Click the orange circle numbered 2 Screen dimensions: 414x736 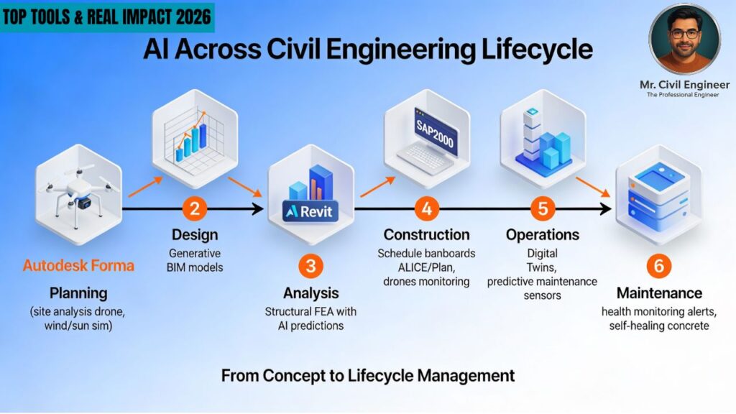click(x=194, y=209)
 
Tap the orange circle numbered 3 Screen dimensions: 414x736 click(x=310, y=266)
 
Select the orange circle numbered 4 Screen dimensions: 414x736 click(x=427, y=209)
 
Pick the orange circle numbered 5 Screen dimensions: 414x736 click(x=543, y=209)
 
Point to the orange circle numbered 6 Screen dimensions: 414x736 click(x=658, y=266)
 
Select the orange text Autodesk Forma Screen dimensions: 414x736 click(x=78, y=265)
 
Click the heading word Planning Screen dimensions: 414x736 click(x=78, y=293)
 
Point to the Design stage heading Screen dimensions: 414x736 click(x=195, y=235)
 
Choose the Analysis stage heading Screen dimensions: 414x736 click(x=311, y=293)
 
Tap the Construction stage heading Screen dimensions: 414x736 click(x=426, y=235)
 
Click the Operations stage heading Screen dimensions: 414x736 click(x=543, y=235)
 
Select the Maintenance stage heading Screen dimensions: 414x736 click(x=658, y=293)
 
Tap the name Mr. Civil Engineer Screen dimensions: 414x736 click(x=684, y=85)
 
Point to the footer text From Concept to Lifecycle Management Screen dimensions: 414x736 click(x=368, y=375)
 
